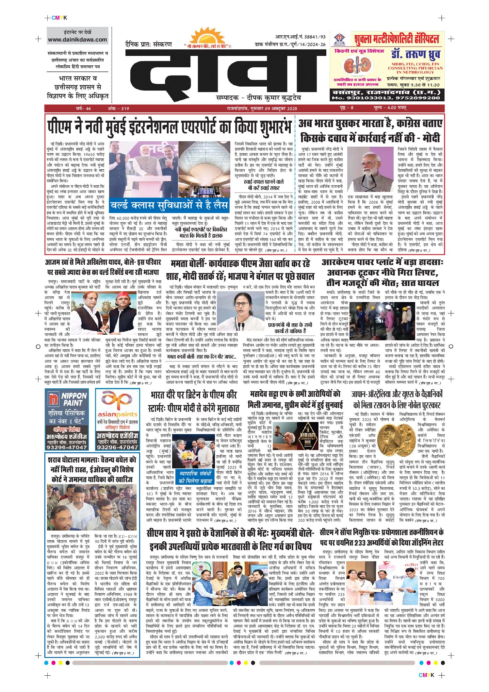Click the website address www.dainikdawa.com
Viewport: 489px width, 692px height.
pos(77,40)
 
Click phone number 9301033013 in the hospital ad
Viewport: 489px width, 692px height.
pos(363,98)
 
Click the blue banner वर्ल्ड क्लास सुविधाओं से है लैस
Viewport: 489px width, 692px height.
pos(169,205)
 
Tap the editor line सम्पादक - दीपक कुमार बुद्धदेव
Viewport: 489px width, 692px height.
pos(258,98)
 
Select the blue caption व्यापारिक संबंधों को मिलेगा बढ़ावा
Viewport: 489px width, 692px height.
pos(195,477)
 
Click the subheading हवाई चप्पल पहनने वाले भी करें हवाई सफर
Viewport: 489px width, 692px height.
pos(264,185)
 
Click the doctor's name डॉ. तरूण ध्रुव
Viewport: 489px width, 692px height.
pos(416,54)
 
